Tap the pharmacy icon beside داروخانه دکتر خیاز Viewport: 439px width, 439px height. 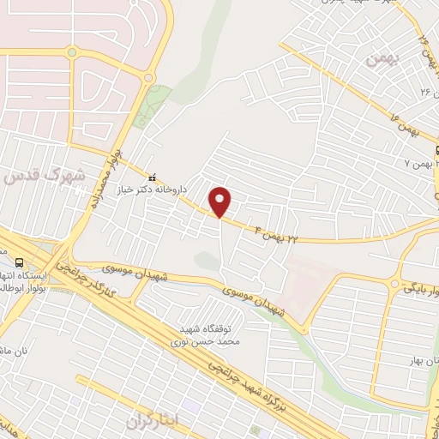point(152,177)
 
